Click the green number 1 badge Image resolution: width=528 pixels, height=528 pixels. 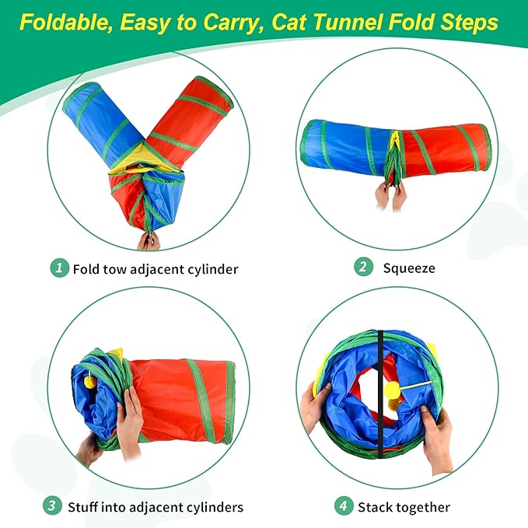[x=59, y=268]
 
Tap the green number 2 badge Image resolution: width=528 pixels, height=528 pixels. [x=363, y=267]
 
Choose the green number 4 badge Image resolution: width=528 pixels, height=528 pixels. [x=344, y=506]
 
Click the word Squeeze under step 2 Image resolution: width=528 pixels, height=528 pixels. [x=409, y=268]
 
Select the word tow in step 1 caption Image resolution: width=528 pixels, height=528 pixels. [x=116, y=269]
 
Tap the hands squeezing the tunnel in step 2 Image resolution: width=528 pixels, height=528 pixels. [x=390, y=196]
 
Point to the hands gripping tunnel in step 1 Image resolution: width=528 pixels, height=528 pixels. [x=148, y=240]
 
